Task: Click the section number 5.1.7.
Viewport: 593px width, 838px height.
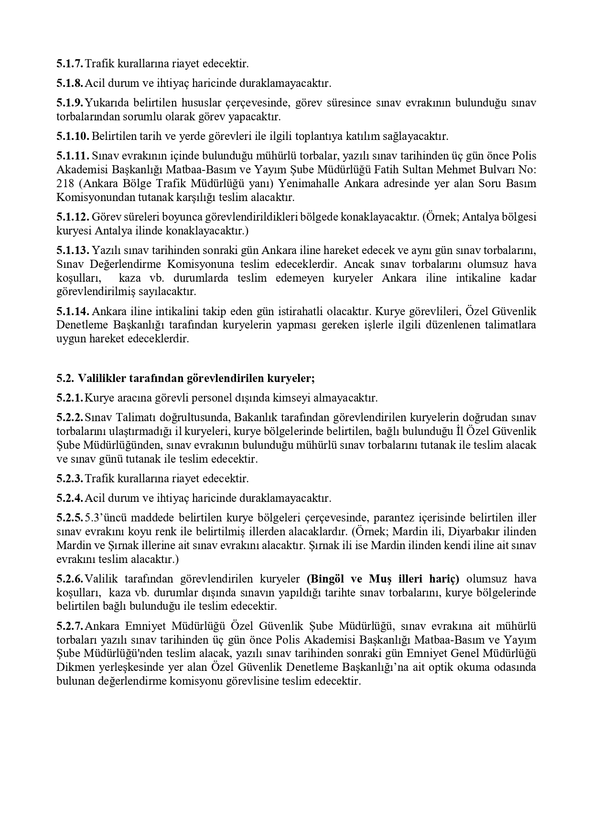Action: [70, 64]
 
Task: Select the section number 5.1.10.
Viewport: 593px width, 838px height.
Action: [73, 137]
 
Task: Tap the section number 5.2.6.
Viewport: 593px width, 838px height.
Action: [70, 579]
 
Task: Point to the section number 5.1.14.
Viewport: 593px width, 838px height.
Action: [73, 312]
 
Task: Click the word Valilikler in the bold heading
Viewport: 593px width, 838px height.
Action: [102, 379]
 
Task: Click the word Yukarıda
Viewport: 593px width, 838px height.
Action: [107, 103]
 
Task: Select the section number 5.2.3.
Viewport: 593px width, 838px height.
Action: [70, 478]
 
